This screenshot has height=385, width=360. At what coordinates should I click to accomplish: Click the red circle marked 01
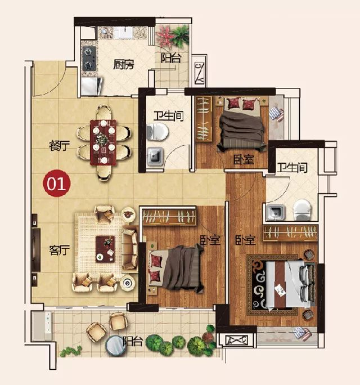click(x=57, y=183)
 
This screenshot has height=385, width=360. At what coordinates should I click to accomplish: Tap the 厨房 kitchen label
click(x=124, y=64)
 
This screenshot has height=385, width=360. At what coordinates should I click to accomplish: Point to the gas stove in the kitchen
click(x=89, y=58)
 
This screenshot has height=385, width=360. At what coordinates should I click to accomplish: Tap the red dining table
click(x=103, y=142)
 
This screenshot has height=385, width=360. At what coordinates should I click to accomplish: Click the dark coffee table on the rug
click(x=105, y=249)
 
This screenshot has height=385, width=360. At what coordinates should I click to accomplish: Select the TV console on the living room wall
click(x=35, y=250)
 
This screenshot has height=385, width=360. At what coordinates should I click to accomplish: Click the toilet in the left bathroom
click(x=157, y=132)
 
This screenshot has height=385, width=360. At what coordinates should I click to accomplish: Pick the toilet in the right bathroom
click(x=302, y=210)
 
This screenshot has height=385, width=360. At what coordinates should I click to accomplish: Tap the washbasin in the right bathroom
click(x=276, y=212)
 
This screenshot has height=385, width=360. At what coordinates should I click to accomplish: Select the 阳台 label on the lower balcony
click(x=133, y=341)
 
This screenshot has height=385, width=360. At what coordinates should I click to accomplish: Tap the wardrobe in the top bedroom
click(x=204, y=119)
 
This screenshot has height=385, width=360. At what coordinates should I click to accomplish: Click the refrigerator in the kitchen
click(x=91, y=86)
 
